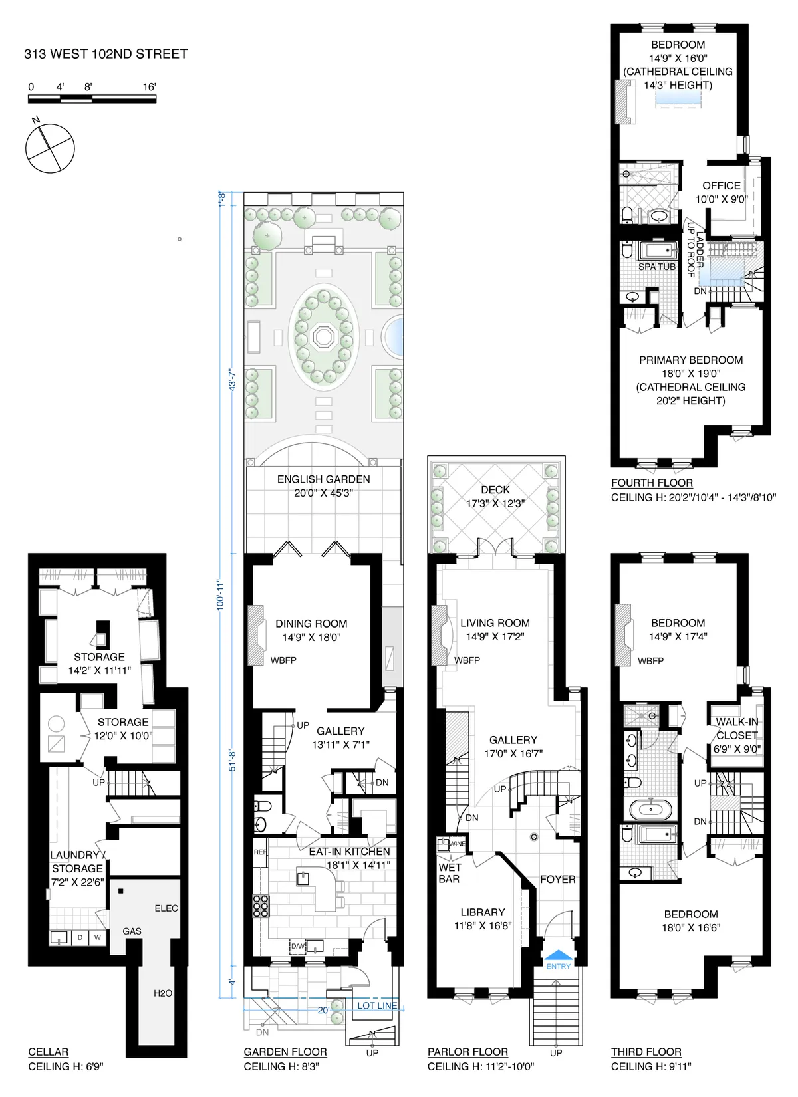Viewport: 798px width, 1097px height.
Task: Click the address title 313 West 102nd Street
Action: click(x=106, y=54)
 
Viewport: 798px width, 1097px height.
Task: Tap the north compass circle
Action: click(x=50, y=148)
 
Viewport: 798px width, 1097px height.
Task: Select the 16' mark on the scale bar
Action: click(x=149, y=87)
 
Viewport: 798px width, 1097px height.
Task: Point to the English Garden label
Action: click(x=323, y=479)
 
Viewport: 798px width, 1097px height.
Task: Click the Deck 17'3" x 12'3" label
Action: click(x=495, y=497)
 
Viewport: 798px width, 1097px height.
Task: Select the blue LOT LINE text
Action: click(x=377, y=1005)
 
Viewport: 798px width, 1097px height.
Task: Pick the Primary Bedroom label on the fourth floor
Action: click(x=691, y=360)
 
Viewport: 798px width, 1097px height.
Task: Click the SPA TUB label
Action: click(x=656, y=267)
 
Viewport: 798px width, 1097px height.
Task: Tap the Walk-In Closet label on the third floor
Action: click(x=737, y=729)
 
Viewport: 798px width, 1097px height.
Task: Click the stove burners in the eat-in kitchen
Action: click(x=261, y=906)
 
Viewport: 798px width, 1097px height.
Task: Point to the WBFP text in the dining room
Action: click(x=283, y=660)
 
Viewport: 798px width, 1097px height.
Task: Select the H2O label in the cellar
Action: click(x=163, y=993)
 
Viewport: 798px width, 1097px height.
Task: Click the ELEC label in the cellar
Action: click(x=166, y=908)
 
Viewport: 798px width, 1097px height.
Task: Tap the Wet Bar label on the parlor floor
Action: click(x=450, y=873)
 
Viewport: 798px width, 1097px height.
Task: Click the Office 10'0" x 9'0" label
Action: click(x=722, y=192)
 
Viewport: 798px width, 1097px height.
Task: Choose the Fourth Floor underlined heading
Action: click(x=652, y=483)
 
